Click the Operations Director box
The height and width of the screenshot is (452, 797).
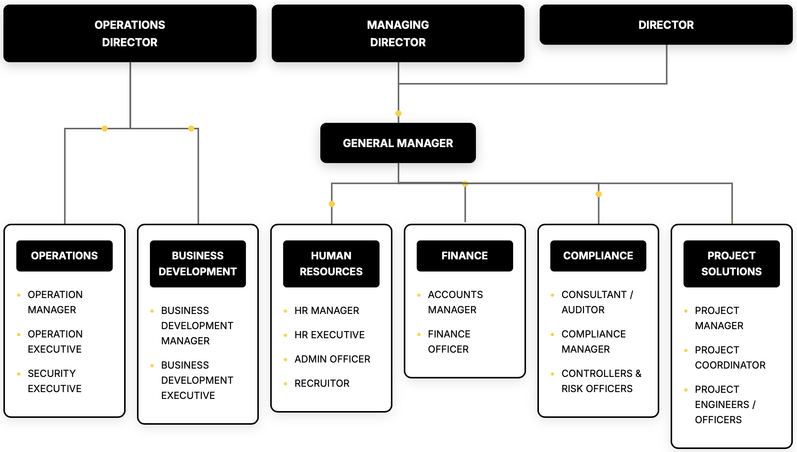coord(130,33)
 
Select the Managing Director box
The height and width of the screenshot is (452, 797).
coord(398,33)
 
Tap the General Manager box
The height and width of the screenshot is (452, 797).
coord(398,143)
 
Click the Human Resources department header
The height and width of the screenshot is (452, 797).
coord(331,264)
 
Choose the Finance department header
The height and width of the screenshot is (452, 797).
coord(465,256)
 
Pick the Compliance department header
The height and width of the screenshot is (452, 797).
coord(598,256)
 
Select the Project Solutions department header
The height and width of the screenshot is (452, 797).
coord(731,264)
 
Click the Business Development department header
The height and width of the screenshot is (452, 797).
coord(198,264)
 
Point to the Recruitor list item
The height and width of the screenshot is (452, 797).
coord(322,383)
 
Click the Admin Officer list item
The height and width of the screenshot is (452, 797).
coord(332,359)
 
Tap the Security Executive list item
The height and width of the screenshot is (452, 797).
coord(54,381)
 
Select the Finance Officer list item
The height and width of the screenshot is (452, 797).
coord(449,342)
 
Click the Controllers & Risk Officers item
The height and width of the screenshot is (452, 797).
coord(601,381)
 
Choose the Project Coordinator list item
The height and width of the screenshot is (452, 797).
coord(730,358)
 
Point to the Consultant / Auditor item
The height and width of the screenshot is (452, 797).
coord(597,302)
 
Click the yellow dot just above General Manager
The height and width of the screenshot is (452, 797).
coord(398,113)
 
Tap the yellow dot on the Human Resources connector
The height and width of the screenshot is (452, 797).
coord(332,204)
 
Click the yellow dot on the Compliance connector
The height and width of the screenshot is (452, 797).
coord(599,194)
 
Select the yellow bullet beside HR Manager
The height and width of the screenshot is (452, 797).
coord(285,311)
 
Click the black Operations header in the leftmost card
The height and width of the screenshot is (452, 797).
coord(65,256)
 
